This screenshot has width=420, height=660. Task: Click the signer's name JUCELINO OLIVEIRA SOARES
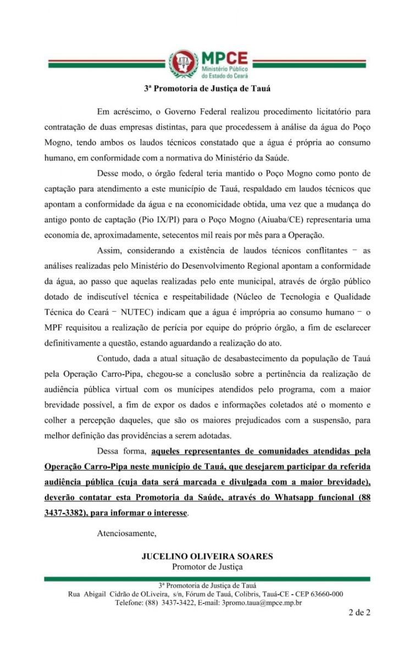tap(207, 557)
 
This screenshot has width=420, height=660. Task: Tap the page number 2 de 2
tap(359, 613)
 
